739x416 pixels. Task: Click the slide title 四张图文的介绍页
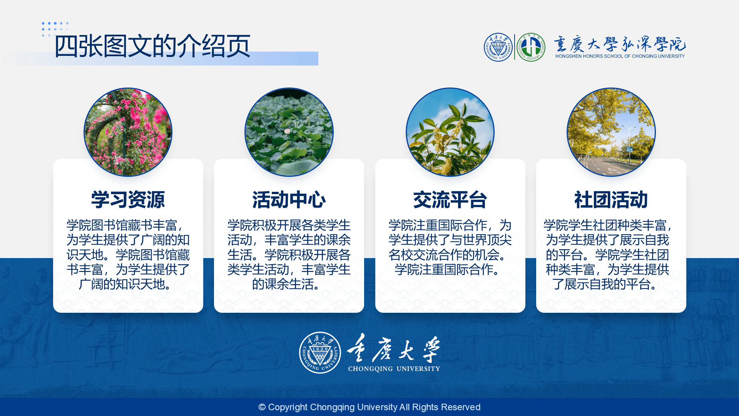pos(152,46)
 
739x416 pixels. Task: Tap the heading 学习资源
pos(128,200)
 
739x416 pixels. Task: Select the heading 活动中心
pos(289,200)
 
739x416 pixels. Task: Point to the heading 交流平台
pos(450,200)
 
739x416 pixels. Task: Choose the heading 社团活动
pos(611,200)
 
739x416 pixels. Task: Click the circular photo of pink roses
pos(128,132)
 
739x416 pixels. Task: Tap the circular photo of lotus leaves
pos(289,132)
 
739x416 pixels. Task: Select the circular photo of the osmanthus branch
pos(450,132)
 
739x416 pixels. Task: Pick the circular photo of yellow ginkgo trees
pos(611,132)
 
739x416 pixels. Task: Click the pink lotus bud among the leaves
pos(287,131)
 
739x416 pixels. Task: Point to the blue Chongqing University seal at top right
pos(498,47)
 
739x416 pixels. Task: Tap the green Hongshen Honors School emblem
pos(531,47)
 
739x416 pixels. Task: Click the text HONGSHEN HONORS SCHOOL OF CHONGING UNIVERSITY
pos(620,56)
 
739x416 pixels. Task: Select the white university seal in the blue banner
pos(320,352)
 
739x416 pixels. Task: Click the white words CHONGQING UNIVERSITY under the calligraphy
pos(394,369)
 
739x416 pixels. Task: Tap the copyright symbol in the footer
pos(262,407)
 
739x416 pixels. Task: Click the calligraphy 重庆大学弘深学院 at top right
pos(620,44)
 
